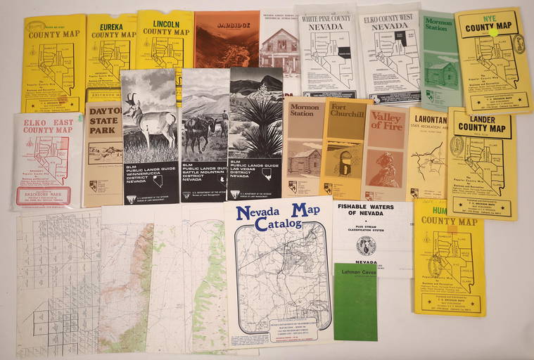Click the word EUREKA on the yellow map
tap(111, 21)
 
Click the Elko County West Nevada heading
tap(389, 21)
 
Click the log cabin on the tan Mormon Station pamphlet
tap(303, 158)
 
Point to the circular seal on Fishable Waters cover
tap(366, 245)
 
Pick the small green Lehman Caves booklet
tap(355, 302)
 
